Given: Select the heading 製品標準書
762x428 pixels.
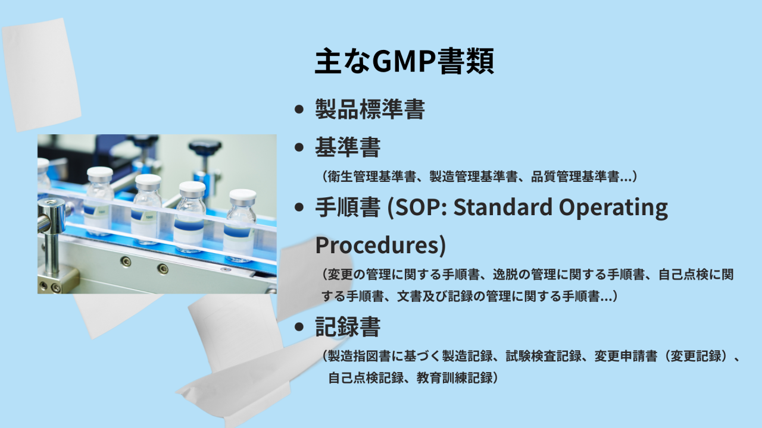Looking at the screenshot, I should pos(370,109).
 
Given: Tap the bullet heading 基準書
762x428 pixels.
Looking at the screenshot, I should pos(348,147).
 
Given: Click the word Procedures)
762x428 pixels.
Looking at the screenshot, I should pos(380,246).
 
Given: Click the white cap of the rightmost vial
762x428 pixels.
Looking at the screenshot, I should pos(242,195).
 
